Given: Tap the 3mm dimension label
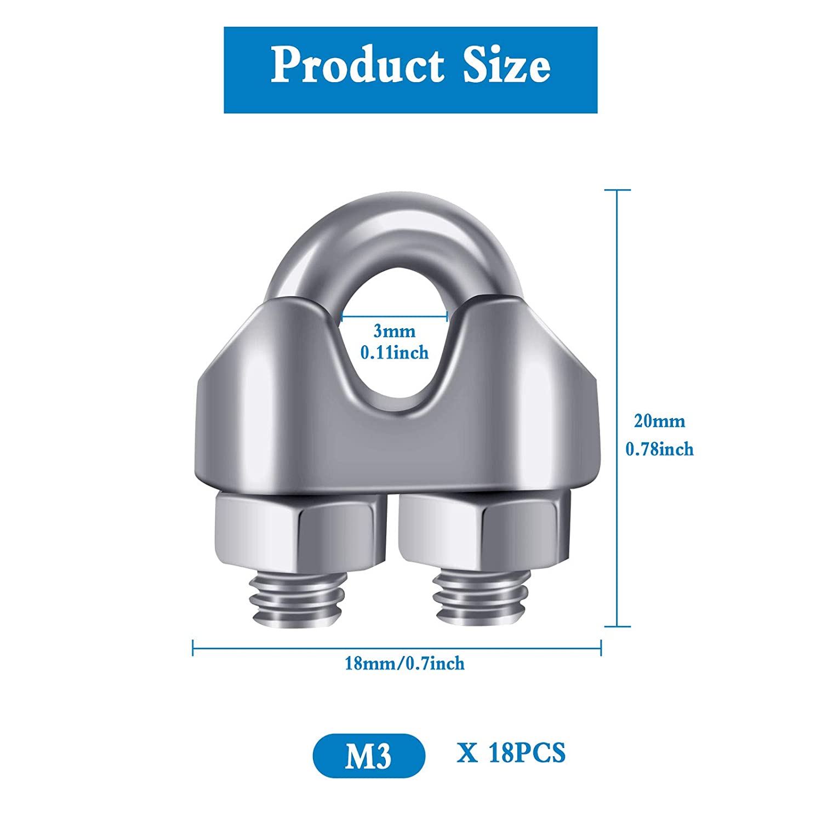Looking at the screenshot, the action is click(x=395, y=331).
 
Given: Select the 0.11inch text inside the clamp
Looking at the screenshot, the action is click(x=395, y=352).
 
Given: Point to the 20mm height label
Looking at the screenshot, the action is click(x=660, y=421).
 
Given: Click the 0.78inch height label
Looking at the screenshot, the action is click(x=660, y=449).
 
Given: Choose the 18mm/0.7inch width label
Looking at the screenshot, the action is click(x=404, y=664).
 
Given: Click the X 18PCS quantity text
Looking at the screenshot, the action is click(x=511, y=752).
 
